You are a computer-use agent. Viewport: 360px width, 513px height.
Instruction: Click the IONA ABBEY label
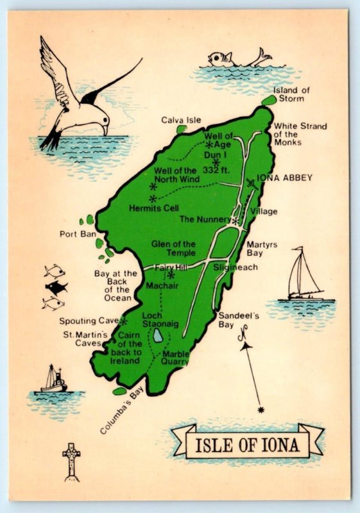[x=284, y=178]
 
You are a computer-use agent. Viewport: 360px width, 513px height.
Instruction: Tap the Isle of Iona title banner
[x=248, y=441]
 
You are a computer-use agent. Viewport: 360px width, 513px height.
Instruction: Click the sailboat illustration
[x=302, y=276]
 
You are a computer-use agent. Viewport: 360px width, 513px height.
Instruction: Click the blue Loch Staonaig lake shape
[x=157, y=336]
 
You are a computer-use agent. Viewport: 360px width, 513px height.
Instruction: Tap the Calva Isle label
[x=181, y=120]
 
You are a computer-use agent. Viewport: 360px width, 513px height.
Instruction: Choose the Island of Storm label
[x=291, y=94]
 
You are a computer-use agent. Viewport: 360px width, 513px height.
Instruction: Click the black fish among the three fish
[x=57, y=287]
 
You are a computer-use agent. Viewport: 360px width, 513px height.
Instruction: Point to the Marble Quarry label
[x=175, y=357]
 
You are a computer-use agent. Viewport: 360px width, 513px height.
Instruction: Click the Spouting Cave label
[x=89, y=321]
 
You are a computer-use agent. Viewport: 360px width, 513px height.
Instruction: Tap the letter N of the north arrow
[x=243, y=335]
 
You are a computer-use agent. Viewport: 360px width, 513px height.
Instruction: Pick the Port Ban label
[x=78, y=234]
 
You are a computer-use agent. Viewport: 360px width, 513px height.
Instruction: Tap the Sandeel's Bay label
[x=238, y=319]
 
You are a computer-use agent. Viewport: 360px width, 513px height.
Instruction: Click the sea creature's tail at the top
[x=261, y=56]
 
